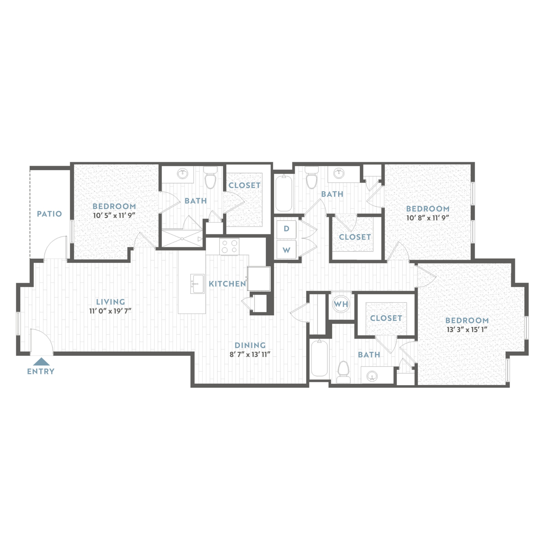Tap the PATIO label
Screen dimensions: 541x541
coord(50,214)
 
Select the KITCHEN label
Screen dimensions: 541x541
coord(227,284)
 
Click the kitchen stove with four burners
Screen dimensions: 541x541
coord(229,246)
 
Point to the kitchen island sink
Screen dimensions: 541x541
coord(197,284)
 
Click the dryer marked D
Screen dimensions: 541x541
coord(286,229)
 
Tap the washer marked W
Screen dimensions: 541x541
coord(286,250)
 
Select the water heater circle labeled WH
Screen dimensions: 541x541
coord(341,304)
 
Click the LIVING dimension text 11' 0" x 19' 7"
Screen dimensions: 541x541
coord(110,311)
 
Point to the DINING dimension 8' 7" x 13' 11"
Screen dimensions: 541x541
coord(250,355)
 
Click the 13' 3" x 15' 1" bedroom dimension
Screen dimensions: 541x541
coord(467,329)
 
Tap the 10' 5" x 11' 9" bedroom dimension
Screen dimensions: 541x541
coord(114,216)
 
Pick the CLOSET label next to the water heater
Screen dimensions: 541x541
coord(386,318)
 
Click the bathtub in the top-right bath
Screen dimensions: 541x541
coord(284,193)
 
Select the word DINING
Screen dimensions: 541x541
coord(250,345)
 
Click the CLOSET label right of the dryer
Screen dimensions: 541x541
coord(355,237)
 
